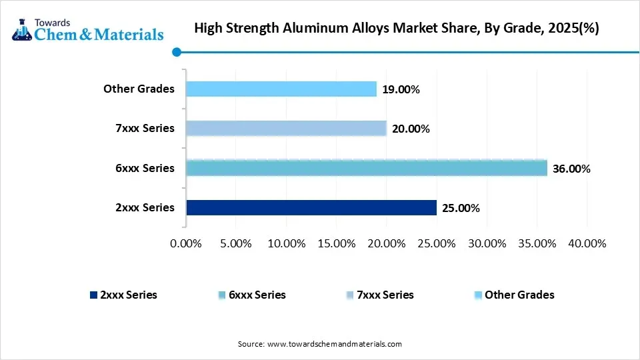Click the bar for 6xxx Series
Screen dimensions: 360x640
(366, 168)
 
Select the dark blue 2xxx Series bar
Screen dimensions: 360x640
(311, 207)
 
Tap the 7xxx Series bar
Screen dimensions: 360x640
(286, 128)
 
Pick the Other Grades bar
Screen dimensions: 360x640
(281, 89)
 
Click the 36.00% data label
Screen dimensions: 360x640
(571, 169)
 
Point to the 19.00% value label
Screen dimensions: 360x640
(400, 89)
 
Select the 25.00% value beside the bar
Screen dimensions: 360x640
(460, 208)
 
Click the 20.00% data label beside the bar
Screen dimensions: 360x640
(410, 129)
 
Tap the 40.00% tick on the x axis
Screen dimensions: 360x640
(586, 243)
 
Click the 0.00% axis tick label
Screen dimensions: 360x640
(186, 243)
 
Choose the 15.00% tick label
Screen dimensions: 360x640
(336, 243)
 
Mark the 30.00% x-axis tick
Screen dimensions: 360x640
(486, 243)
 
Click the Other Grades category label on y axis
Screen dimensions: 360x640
(139, 89)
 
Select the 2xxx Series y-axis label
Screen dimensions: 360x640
(144, 207)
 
